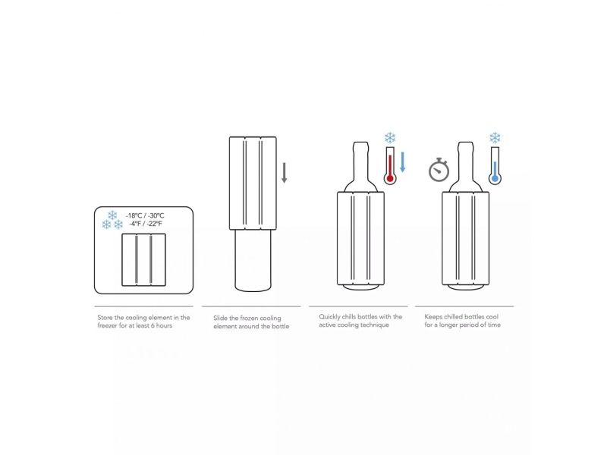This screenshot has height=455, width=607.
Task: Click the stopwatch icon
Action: coord(439,170)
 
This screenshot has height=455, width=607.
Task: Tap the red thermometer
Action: coord(390,165)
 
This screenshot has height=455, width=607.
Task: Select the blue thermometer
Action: coord(495,165)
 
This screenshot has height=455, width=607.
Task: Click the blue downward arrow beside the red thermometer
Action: coord(403,162)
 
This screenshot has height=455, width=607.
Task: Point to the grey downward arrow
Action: coord(284,173)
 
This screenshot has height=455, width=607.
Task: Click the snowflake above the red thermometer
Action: coord(390,138)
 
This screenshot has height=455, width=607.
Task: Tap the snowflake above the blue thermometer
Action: coord(495,138)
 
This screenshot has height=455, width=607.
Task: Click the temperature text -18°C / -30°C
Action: coord(145,215)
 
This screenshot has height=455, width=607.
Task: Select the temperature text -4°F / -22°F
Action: coord(146,224)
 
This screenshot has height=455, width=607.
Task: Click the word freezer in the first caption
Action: coord(107,325)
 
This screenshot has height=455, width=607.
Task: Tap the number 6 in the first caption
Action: coord(153,325)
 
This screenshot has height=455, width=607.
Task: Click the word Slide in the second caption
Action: coord(220,318)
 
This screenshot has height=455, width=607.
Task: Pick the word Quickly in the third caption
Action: coord(329,317)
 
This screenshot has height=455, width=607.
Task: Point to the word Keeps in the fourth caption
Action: coord(433,317)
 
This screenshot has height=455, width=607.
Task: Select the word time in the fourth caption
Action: coord(494,325)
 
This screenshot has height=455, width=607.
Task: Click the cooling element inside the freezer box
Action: coord(144,259)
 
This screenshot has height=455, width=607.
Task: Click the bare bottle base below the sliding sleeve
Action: coord(253,260)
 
